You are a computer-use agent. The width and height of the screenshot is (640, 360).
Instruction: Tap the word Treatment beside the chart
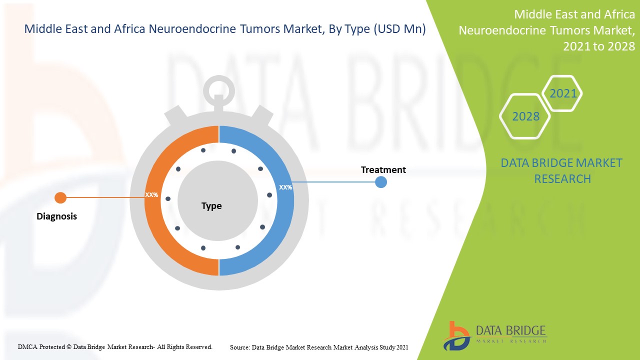383,170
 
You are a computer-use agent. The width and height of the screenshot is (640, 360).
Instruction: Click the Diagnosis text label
57,216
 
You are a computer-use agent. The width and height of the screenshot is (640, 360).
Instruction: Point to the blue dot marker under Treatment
381,182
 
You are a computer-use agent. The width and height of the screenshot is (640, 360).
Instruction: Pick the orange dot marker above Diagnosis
60,197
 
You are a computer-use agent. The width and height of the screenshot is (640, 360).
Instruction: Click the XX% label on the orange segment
151,194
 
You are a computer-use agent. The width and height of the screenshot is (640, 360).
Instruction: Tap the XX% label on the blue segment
285,187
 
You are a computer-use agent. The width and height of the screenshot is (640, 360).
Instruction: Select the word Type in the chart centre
211,206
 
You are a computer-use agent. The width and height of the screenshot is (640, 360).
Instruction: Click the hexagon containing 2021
563,93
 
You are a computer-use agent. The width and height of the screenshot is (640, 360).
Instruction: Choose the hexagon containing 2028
525,116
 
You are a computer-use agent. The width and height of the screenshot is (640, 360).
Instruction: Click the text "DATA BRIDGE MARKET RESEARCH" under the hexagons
562,170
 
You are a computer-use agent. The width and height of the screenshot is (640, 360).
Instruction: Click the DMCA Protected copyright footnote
115,346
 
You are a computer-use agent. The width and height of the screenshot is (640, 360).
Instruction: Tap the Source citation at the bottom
319,347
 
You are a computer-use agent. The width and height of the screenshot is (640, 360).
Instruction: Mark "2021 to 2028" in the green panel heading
599,46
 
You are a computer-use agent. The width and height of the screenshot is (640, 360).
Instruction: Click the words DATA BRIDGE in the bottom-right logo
510,330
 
